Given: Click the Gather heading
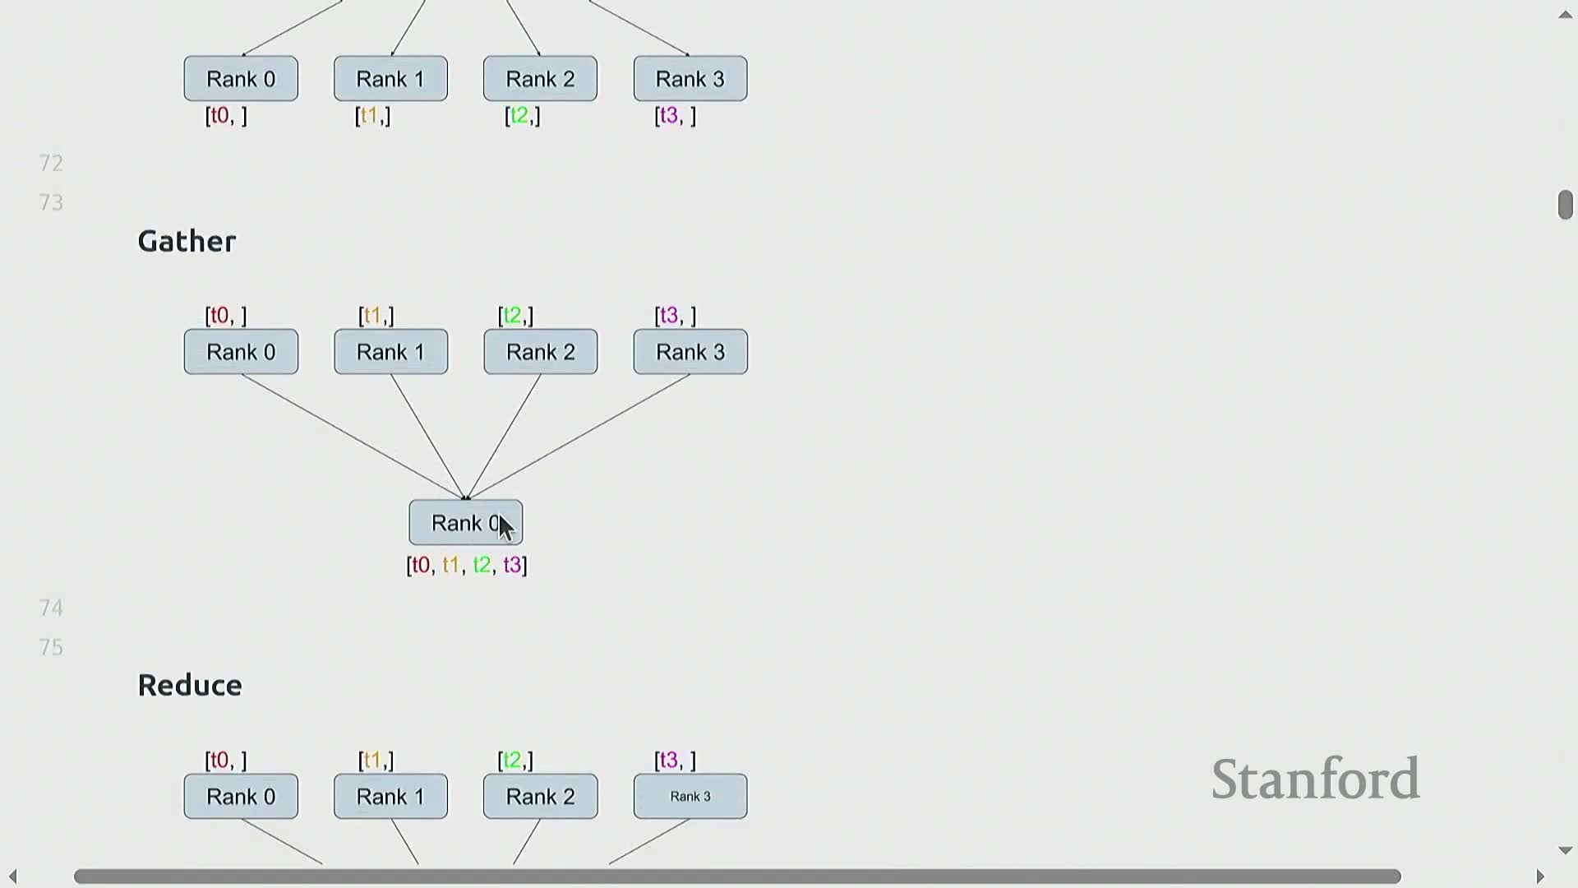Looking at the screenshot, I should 187,241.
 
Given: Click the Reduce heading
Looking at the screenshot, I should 190,685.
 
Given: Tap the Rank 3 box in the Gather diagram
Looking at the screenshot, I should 690,352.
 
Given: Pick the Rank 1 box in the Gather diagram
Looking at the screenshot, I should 390,352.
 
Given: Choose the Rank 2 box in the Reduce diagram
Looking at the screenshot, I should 540,796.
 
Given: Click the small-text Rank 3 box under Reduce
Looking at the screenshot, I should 690,796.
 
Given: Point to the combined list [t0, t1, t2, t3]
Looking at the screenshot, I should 467,565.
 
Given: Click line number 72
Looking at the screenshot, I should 51,163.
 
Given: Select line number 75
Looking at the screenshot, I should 51,647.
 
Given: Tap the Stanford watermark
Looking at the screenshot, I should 1315,779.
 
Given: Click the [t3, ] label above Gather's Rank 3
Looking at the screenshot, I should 675,316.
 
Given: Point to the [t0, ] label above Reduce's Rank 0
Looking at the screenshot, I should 226,760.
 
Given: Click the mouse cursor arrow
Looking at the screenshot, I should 505,528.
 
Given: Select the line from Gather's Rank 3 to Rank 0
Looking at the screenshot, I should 579,437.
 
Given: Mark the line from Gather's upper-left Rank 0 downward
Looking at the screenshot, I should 353,437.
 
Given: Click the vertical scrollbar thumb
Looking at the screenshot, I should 1565,205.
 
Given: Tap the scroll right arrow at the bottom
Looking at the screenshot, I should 1540,876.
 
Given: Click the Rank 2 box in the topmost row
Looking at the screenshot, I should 540,79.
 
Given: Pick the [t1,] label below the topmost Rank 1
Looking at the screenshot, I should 372,116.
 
